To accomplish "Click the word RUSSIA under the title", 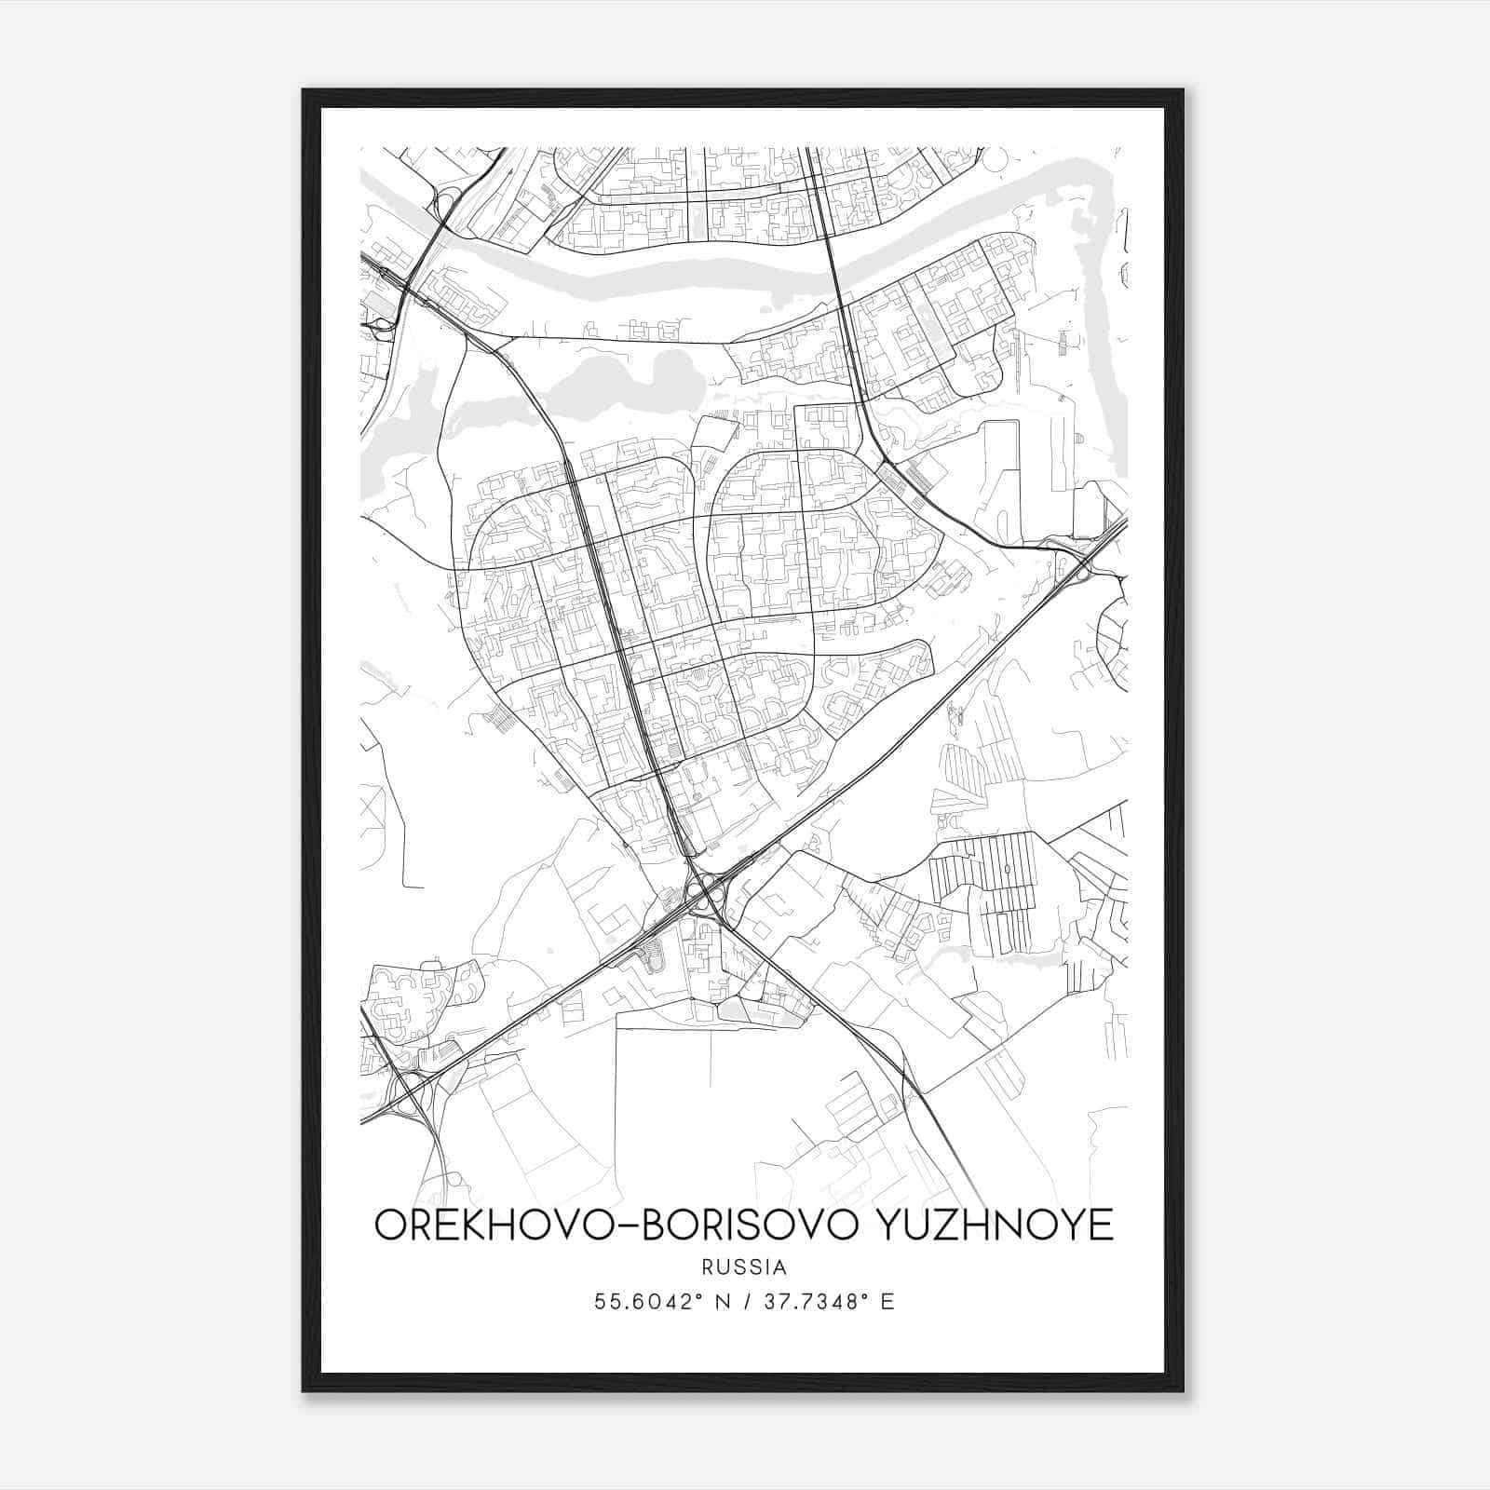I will [x=745, y=1267].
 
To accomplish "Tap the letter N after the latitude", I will [x=719, y=1302].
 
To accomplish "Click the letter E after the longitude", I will [x=887, y=1302].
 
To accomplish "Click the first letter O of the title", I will [x=389, y=1225].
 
